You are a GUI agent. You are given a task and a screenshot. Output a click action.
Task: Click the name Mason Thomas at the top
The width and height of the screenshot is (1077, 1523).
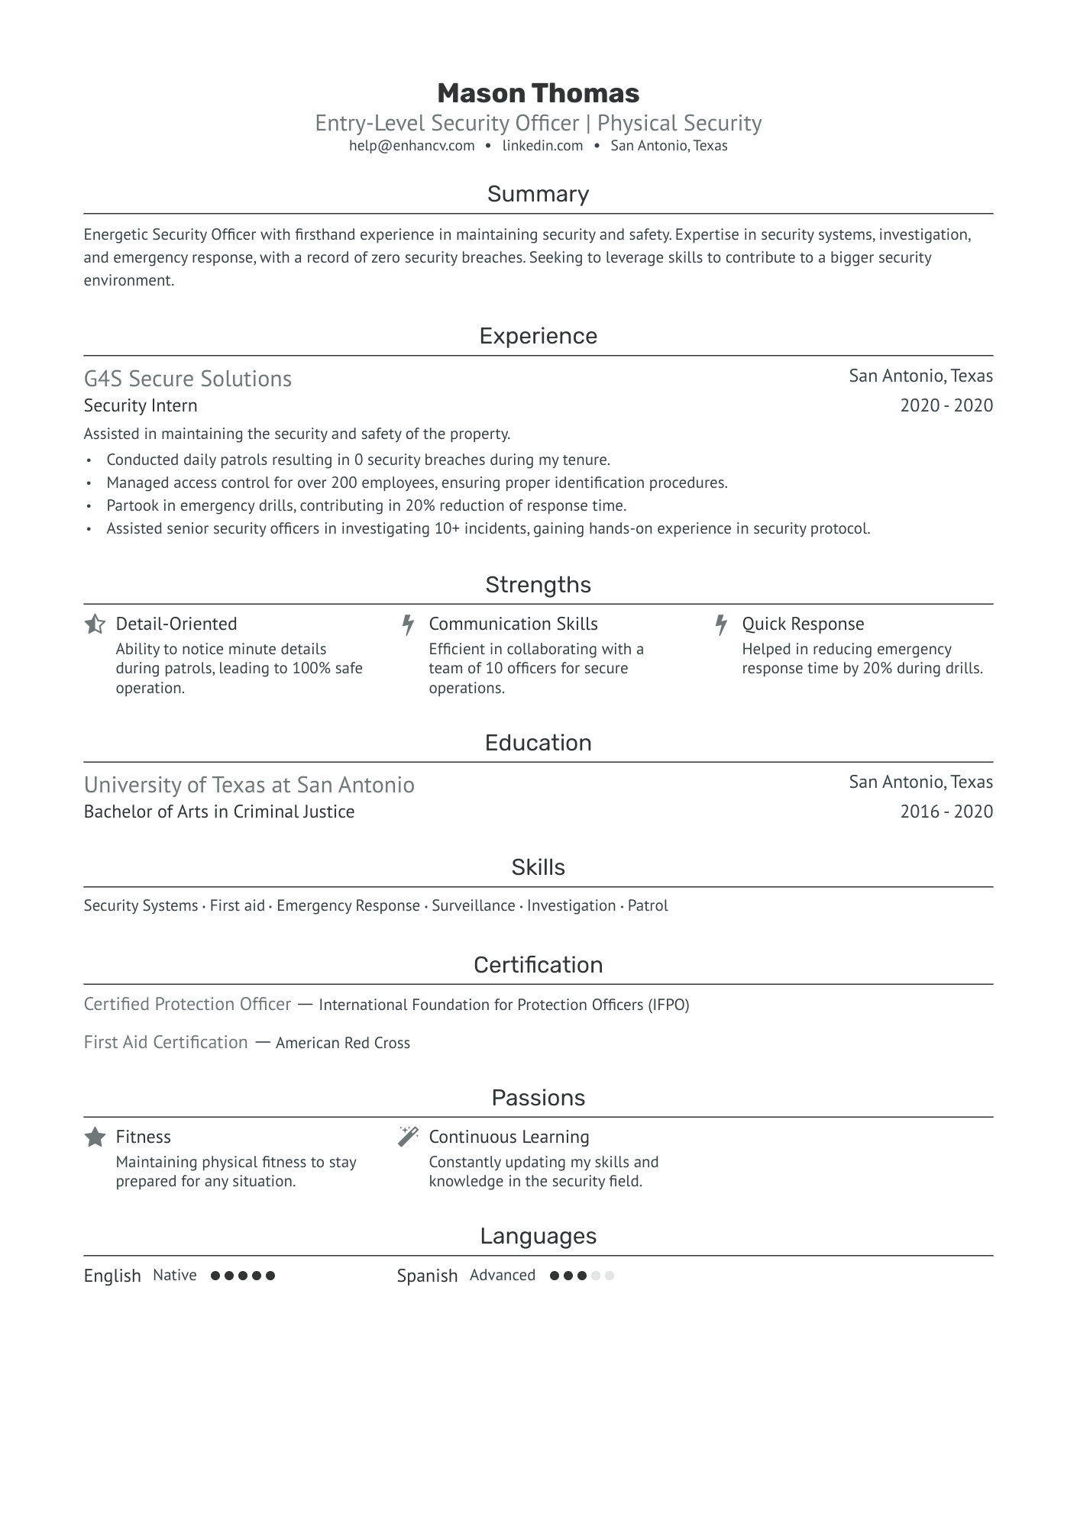tap(538, 93)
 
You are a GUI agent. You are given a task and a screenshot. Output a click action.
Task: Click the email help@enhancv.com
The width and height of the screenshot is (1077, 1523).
tap(412, 146)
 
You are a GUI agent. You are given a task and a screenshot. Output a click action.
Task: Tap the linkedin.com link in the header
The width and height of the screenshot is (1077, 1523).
tap(542, 146)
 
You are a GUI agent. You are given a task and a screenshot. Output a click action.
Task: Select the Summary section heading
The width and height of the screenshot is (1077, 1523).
tap(538, 194)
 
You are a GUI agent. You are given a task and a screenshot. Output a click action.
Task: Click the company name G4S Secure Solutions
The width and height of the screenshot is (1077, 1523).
tap(188, 379)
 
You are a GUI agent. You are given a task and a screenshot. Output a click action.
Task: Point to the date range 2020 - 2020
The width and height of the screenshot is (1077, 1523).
tap(946, 405)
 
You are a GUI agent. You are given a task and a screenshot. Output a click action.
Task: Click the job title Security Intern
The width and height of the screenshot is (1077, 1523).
tap(141, 405)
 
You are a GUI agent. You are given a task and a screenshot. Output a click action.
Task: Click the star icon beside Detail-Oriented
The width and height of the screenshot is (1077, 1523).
tap(95, 624)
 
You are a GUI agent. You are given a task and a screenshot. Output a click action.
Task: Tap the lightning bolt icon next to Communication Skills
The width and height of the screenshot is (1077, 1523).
tap(408, 624)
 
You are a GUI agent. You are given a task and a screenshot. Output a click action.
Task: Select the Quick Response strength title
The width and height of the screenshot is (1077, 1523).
tap(803, 624)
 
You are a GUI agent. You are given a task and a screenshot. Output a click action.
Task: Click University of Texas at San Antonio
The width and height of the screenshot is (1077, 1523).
tap(249, 785)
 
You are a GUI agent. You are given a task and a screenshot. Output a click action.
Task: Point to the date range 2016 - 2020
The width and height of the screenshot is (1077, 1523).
tap(946, 812)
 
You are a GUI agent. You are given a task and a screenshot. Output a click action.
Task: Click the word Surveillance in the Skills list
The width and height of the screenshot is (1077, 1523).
tap(474, 905)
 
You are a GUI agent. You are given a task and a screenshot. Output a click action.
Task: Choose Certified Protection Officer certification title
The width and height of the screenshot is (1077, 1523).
tap(187, 1004)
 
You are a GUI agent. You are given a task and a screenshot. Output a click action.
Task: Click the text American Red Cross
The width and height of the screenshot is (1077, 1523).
tap(343, 1043)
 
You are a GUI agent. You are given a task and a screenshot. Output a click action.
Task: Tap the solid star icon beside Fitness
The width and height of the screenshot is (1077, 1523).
tap(95, 1137)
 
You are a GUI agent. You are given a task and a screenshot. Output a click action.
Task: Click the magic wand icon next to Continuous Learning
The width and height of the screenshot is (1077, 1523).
tap(408, 1137)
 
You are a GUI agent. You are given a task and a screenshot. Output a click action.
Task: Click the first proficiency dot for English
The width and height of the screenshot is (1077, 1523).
tap(215, 1276)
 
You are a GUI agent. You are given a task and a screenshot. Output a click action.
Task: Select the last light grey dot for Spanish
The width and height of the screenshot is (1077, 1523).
tap(609, 1276)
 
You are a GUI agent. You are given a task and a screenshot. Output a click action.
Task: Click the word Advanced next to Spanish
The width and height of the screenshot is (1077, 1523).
tap(503, 1276)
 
